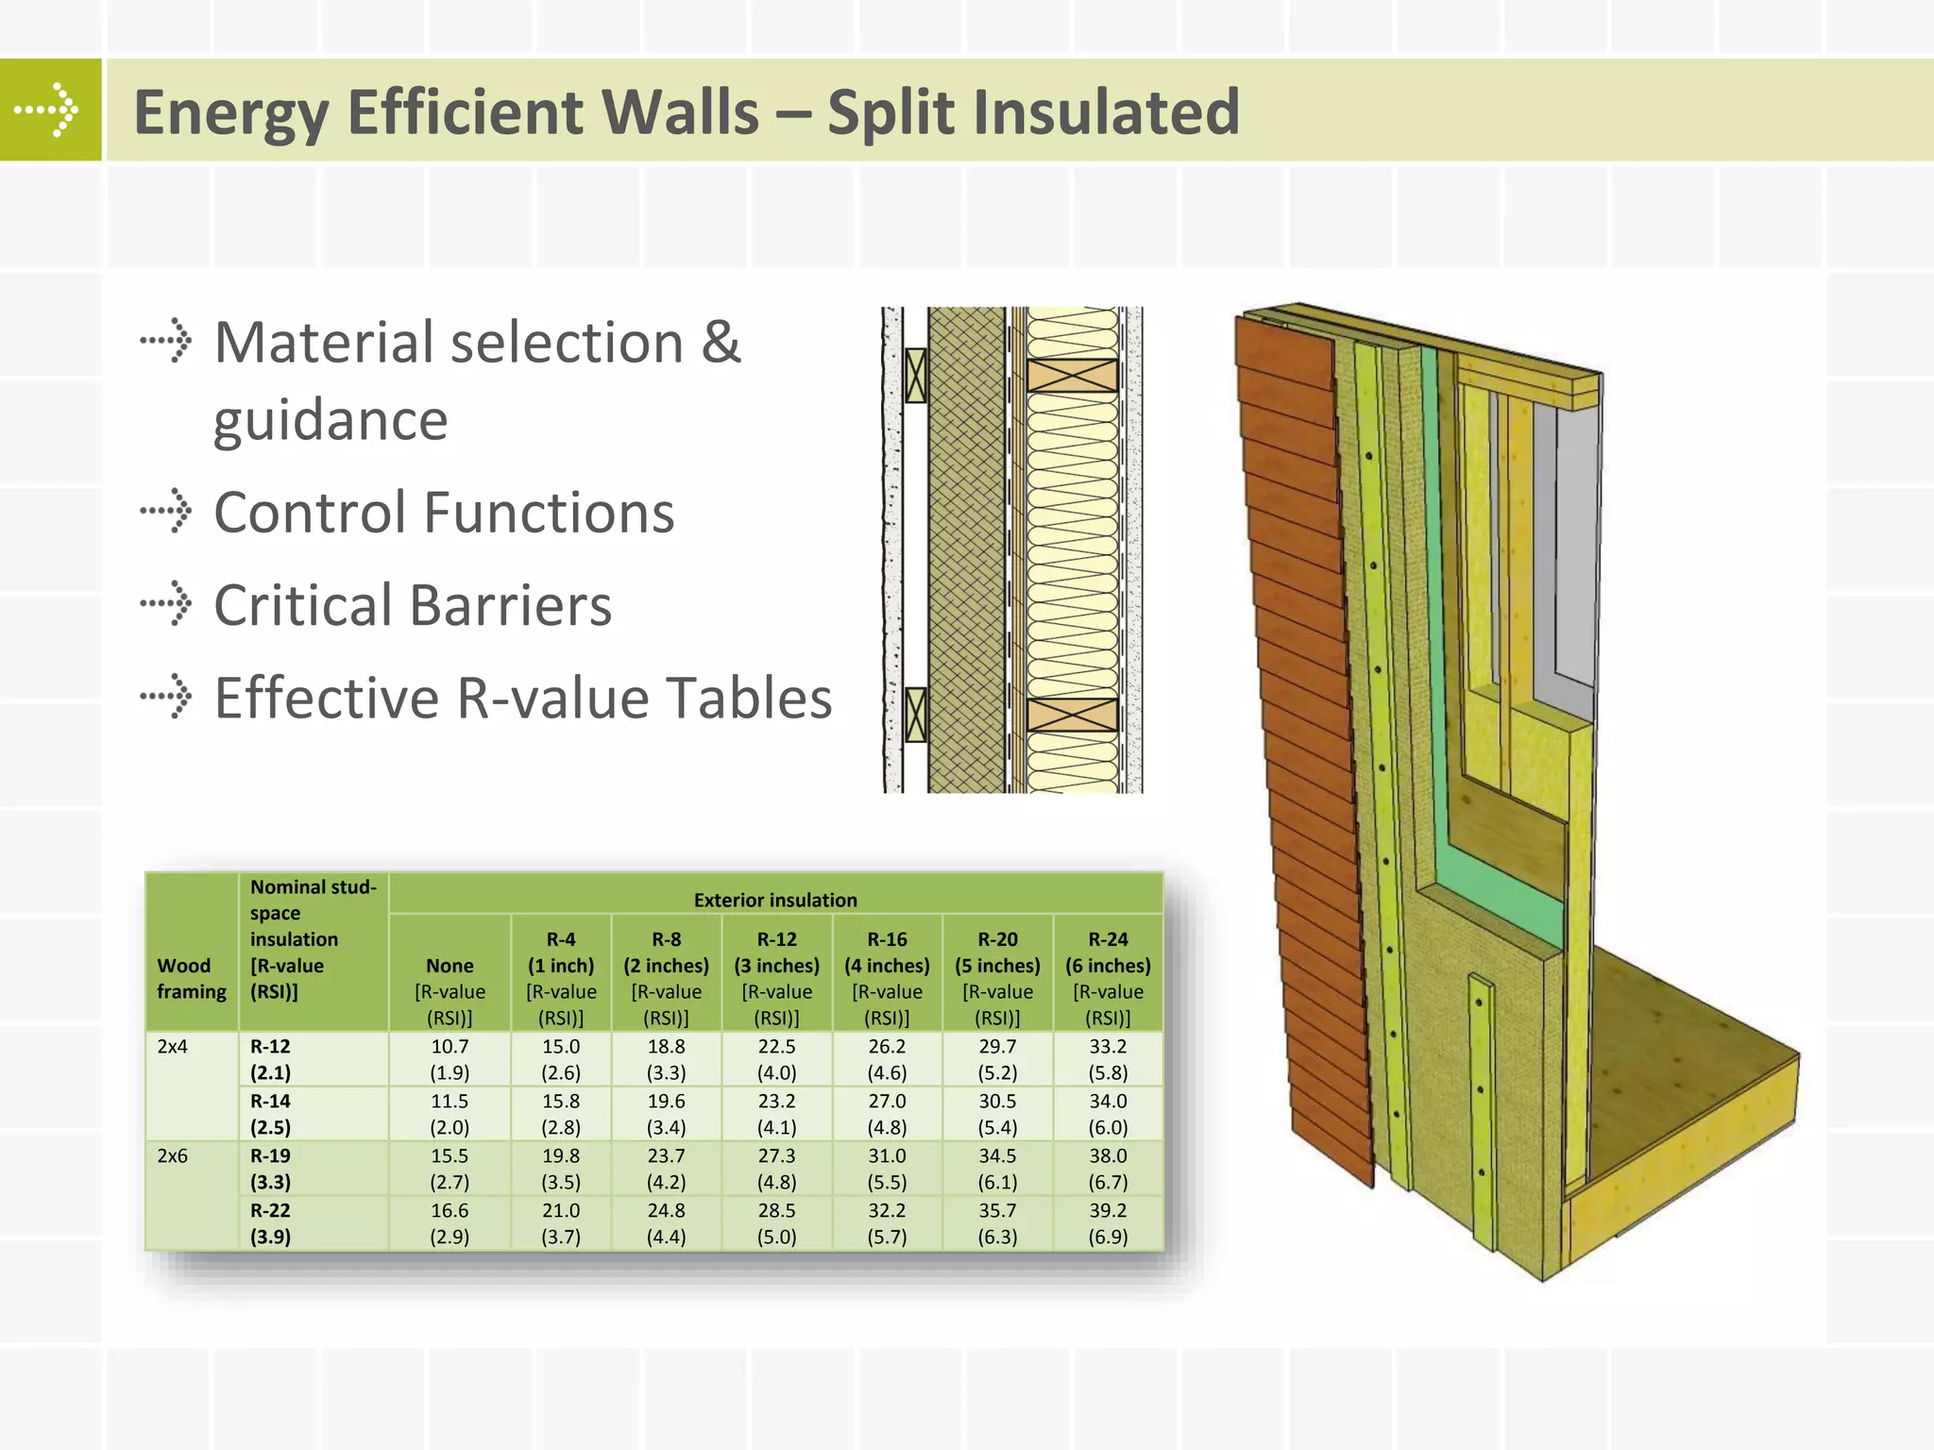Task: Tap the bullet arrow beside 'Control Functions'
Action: point(166,512)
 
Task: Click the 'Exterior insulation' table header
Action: point(775,900)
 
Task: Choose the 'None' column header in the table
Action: point(450,966)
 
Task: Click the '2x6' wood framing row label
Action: point(173,1155)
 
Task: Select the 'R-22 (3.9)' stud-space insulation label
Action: point(271,1223)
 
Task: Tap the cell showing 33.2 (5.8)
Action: point(1108,1059)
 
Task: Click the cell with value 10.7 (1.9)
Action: point(450,1059)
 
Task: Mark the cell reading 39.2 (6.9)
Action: point(1108,1223)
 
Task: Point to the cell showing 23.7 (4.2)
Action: point(666,1169)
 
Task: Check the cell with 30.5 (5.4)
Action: point(997,1114)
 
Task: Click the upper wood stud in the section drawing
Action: point(1072,376)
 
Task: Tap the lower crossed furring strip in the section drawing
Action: point(915,715)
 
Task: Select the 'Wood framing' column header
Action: point(192,978)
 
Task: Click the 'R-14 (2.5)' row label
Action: point(271,1114)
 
